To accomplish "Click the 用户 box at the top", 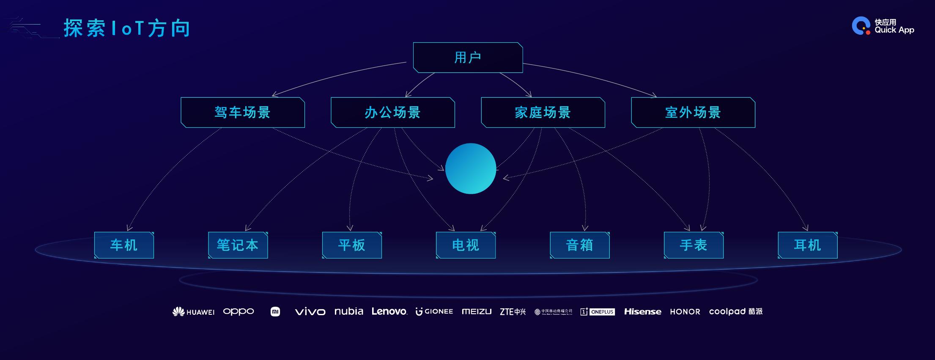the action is (468, 58).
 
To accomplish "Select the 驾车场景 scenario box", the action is (243, 113).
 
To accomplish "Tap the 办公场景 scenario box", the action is (393, 113).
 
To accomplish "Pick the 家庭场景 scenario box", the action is (543, 113).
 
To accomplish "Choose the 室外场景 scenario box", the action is (693, 113).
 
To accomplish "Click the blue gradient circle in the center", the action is (471, 168).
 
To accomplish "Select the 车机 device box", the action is (124, 245).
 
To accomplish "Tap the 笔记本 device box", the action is (238, 245).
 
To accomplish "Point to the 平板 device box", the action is (352, 245).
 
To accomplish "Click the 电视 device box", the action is (466, 245).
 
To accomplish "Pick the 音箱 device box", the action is (580, 245).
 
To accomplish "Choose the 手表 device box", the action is (694, 245).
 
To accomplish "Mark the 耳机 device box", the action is (808, 245).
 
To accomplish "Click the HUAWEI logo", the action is (194, 312).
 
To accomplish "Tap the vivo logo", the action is (310, 312).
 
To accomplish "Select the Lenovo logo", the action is (389, 311).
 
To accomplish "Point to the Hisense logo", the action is (643, 311).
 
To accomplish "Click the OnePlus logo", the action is (598, 312).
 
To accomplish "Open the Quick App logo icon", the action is (861, 26).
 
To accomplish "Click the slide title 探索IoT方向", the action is (127, 28).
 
